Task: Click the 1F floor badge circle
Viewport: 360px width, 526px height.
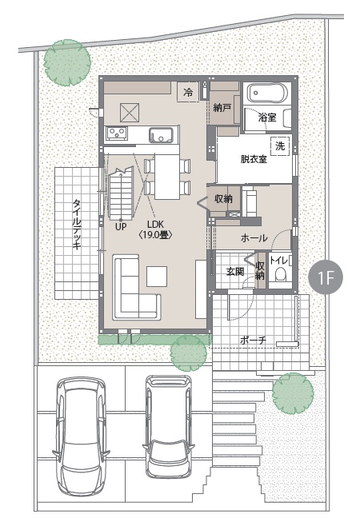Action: tap(326, 277)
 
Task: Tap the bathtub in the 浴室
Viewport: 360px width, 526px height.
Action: tap(267, 93)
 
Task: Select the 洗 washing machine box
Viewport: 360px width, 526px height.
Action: tap(280, 146)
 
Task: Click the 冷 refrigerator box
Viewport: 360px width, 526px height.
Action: tap(188, 92)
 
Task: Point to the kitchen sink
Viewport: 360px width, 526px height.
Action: tap(161, 135)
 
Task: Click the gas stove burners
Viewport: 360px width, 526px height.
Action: tap(118, 133)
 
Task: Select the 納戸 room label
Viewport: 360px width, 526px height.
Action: tap(222, 108)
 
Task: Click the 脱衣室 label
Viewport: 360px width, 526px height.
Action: tap(254, 159)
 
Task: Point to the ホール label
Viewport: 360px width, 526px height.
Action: tap(254, 238)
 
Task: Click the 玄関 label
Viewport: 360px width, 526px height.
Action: tap(235, 271)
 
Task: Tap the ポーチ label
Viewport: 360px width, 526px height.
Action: tap(254, 341)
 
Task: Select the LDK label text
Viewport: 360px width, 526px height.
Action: tap(155, 225)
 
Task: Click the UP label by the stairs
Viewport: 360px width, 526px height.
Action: tap(121, 227)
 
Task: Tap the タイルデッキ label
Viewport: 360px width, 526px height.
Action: tap(78, 225)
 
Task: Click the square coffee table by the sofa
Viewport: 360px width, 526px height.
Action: tap(157, 276)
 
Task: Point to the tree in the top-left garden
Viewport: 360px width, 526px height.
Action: tap(67, 62)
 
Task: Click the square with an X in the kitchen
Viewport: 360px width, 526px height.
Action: tap(130, 113)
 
